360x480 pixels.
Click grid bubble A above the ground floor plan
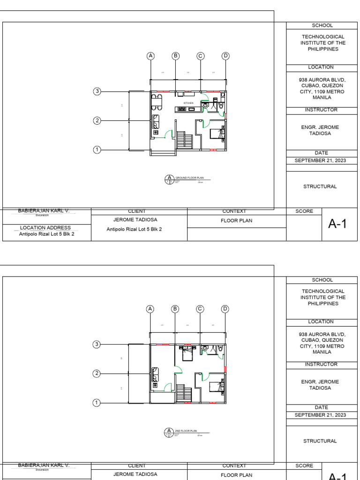point(150,56)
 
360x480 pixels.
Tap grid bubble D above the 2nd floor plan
point(225,309)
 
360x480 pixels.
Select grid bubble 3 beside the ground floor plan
point(97,91)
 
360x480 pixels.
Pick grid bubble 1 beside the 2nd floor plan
point(97,403)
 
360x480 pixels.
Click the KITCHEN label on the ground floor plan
point(188,103)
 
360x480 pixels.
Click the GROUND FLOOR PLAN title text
point(189,178)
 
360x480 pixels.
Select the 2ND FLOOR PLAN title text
point(186,431)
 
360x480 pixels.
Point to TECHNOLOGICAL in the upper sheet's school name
point(323,37)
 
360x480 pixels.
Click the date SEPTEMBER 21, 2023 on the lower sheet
point(320,415)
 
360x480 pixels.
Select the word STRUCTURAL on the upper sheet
point(320,187)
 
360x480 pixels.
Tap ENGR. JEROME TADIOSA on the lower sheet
point(320,385)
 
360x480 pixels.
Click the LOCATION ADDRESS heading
point(45,228)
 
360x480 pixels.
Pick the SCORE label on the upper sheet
point(304,211)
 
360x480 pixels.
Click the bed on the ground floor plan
point(217,133)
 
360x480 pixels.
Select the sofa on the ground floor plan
point(156,121)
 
